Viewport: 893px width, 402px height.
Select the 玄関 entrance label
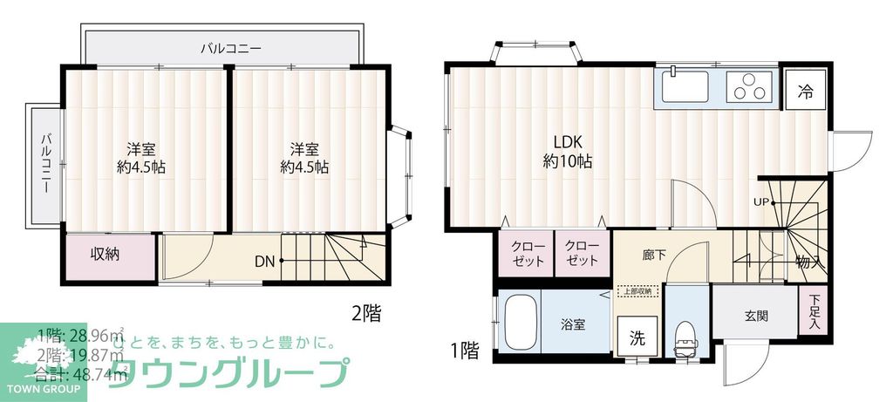pos(756,317)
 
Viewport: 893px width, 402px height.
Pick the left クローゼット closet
pos(528,253)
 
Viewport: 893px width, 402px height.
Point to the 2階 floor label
pos(365,311)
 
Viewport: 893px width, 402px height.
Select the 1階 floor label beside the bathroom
pos(466,351)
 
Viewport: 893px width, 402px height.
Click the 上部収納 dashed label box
pos(637,292)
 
